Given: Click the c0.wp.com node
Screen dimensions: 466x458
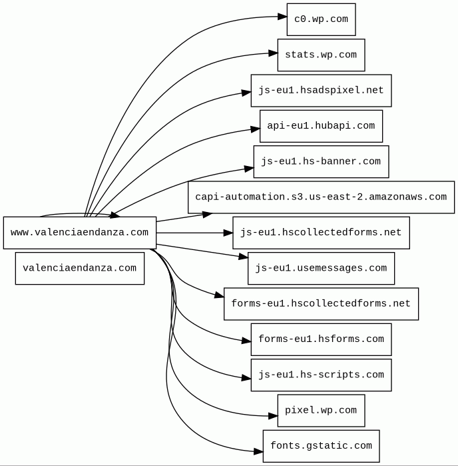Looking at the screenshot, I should click(321, 19).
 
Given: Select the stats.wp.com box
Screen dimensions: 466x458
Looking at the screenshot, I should click(321, 55).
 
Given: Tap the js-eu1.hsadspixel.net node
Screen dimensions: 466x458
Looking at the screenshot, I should click(321, 91).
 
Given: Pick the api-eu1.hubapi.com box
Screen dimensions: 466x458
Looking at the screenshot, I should click(321, 126).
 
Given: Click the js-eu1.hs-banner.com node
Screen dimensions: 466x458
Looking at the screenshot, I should click(321, 161).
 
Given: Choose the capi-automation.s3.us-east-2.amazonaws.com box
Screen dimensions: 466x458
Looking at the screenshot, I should click(321, 197).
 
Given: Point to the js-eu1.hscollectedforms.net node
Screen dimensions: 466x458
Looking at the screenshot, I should click(321, 233).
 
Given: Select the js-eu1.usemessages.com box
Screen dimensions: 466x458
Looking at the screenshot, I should click(321, 268).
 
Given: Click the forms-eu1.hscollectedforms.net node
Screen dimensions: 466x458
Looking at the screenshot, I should click(321, 304).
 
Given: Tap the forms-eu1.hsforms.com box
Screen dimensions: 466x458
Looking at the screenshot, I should click(321, 339).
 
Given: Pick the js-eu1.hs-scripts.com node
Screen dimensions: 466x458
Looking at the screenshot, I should click(321, 375).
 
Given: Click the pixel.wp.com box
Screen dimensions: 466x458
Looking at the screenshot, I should click(321, 411).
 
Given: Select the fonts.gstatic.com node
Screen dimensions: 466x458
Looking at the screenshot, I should click(321, 446).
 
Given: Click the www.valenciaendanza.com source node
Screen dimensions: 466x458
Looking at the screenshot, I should click(80, 233).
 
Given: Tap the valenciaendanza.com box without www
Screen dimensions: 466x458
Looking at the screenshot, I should click(80, 268).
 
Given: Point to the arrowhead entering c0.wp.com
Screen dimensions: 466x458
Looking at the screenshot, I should click(282, 17).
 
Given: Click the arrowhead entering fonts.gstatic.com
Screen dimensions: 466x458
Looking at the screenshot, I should click(258, 451).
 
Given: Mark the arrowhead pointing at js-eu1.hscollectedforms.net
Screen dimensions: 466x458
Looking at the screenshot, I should click(228, 233).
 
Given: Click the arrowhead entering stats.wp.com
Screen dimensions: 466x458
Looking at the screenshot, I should click(273, 51).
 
